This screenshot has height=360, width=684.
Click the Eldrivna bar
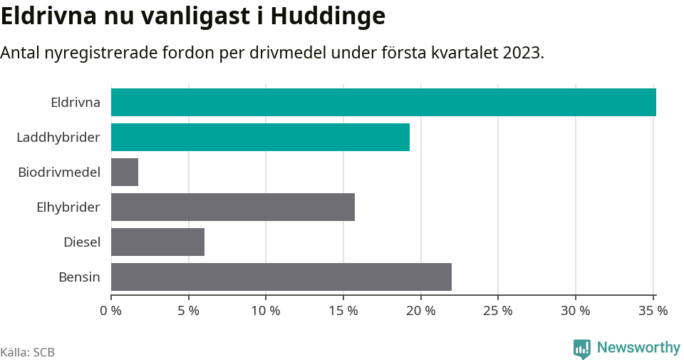[383, 102]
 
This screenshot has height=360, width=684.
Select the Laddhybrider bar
[260, 137]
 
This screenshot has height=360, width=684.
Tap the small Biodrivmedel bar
[125, 172]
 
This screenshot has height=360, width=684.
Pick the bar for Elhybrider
[233, 207]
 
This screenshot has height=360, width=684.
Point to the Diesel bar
[157, 242]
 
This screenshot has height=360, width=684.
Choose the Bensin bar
[281, 277]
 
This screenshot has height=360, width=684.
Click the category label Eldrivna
[76, 102]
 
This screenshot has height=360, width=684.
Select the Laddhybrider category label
[58, 137]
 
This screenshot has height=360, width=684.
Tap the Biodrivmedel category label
[59, 172]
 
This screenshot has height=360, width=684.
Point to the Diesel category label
[82, 242]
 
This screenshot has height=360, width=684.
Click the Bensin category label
[79, 277]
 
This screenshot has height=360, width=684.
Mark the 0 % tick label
[111, 311]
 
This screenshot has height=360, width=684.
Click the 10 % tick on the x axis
[266, 311]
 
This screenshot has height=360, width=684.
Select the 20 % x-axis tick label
[420, 311]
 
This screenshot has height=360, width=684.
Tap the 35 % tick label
[653, 311]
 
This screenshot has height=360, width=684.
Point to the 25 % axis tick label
[498, 311]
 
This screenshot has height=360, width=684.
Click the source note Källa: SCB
[28, 352]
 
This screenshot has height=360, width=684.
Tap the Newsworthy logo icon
[582, 349]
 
